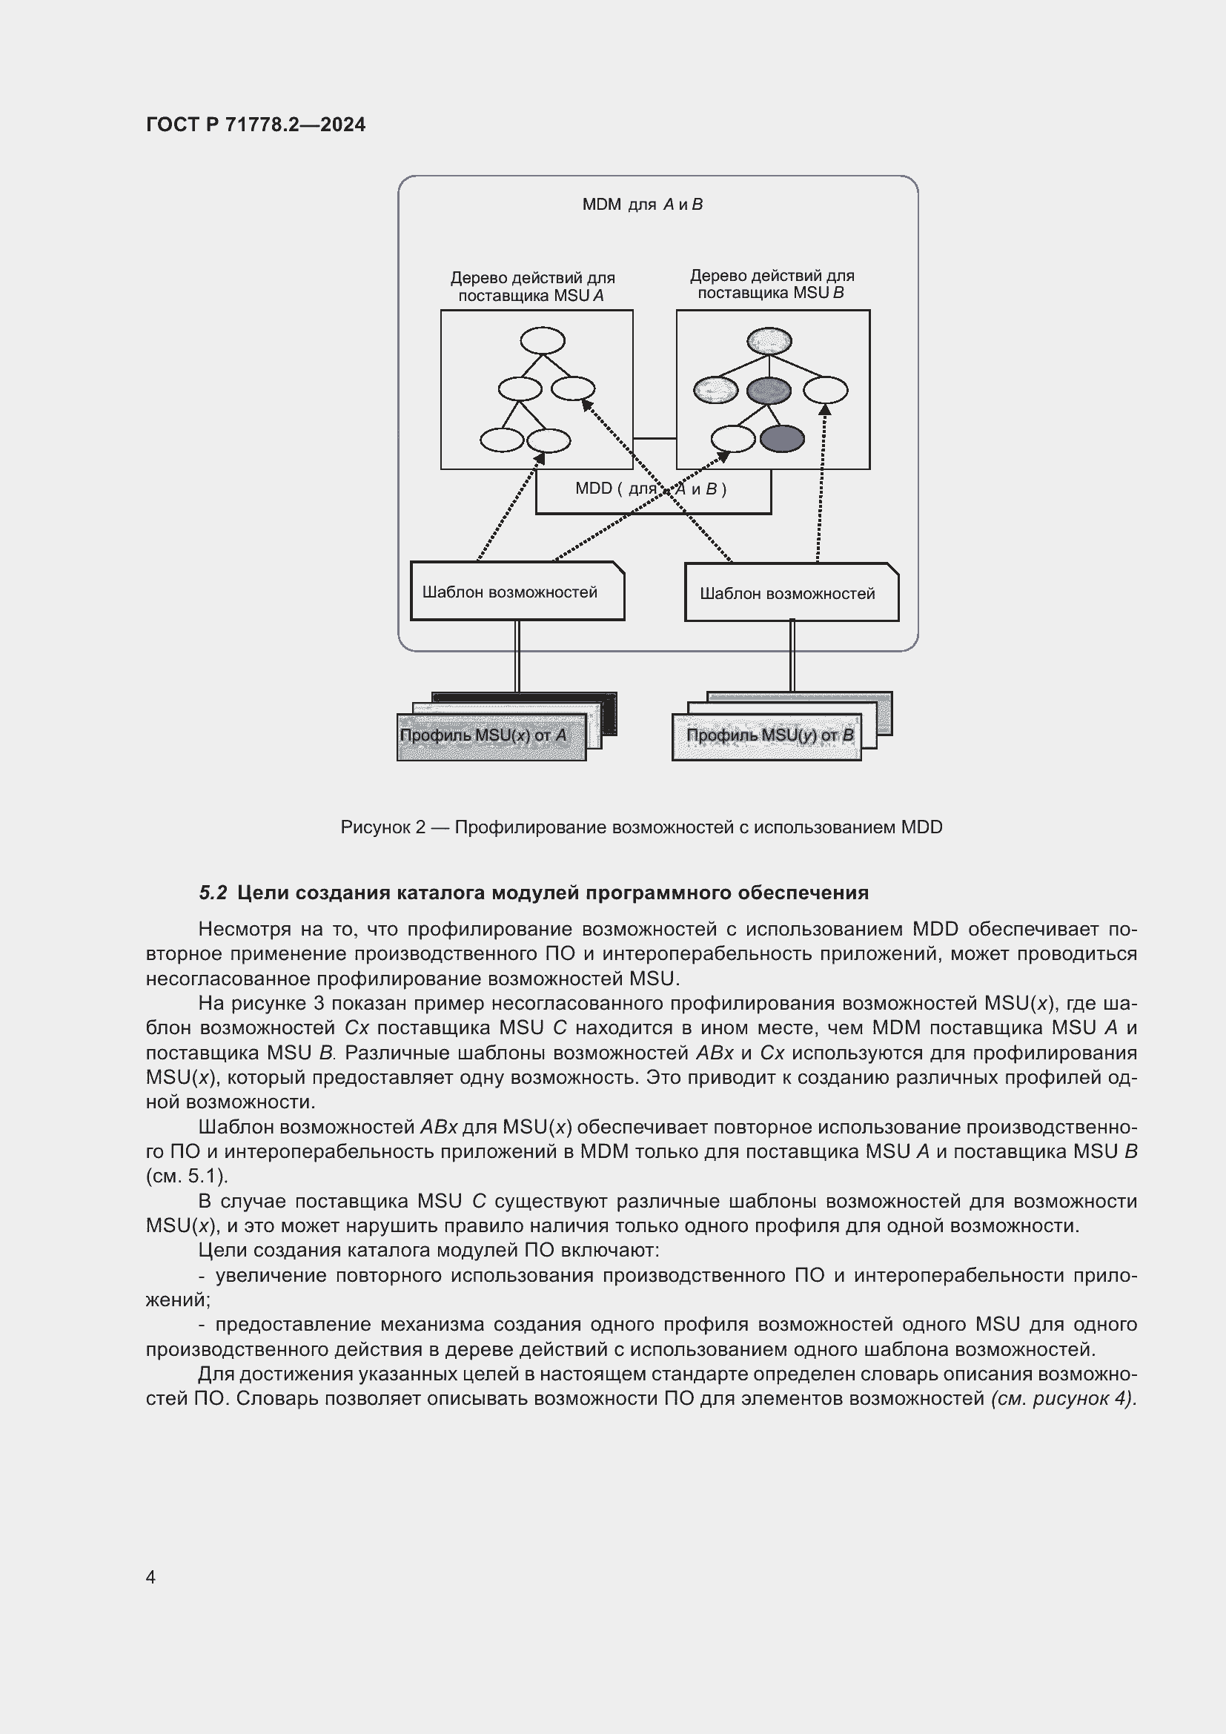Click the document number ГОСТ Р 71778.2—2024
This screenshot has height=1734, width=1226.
255,125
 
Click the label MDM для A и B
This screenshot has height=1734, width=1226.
642,205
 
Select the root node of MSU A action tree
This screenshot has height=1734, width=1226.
542,340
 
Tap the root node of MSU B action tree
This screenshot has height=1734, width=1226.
769,341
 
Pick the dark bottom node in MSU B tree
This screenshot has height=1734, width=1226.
781,439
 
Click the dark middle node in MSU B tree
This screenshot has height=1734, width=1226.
769,391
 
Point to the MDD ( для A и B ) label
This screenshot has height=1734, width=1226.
650,489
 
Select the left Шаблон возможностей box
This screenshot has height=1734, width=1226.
517,592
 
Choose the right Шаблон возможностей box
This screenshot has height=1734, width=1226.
790,593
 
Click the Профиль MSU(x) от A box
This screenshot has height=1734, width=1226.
491,736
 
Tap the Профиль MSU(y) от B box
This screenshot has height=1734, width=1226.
766,736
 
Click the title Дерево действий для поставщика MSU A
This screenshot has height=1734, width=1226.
532,287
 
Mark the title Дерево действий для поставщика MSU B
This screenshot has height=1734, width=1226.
772,285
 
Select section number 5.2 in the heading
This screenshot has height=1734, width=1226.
213,893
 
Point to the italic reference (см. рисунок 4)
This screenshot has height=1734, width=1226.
1063,1398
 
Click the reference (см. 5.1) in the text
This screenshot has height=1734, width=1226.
187,1176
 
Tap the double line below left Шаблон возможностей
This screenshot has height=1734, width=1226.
517,655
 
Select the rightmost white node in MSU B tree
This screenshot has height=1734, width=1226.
824,391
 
